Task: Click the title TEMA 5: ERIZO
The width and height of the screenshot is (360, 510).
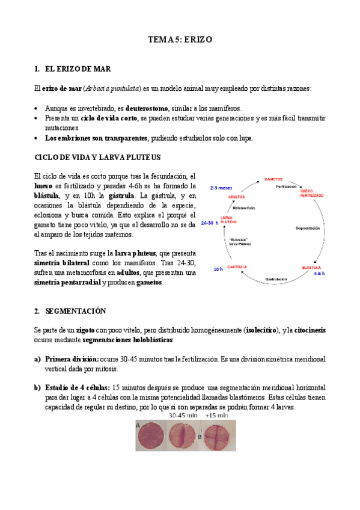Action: click(x=180, y=40)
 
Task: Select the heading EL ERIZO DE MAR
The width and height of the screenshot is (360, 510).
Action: click(x=77, y=69)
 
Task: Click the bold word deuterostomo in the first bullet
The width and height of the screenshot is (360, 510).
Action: click(x=147, y=108)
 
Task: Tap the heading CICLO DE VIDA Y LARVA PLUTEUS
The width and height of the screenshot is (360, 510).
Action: click(x=98, y=158)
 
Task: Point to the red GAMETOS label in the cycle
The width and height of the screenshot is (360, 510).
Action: click(x=273, y=179)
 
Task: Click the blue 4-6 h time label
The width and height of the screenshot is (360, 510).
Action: click(x=319, y=273)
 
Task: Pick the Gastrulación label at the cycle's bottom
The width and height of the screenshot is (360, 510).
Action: click(x=273, y=280)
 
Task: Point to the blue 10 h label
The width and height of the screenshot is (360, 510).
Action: click(x=218, y=269)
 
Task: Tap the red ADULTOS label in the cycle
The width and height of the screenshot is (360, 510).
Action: click(x=237, y=197)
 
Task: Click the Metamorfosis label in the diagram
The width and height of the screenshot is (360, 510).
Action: click(x=244, y=208)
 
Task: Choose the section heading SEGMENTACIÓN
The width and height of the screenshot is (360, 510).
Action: click(x=75, y=311)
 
